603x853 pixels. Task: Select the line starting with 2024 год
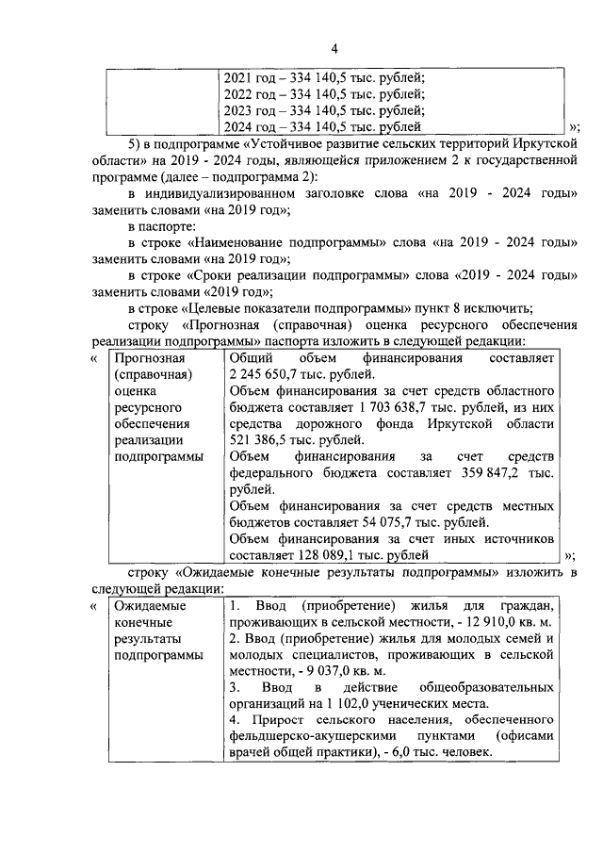pyautogui.click(x=320, y=127)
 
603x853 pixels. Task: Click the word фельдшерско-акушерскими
pyautogui.click(x=303, y=736)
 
